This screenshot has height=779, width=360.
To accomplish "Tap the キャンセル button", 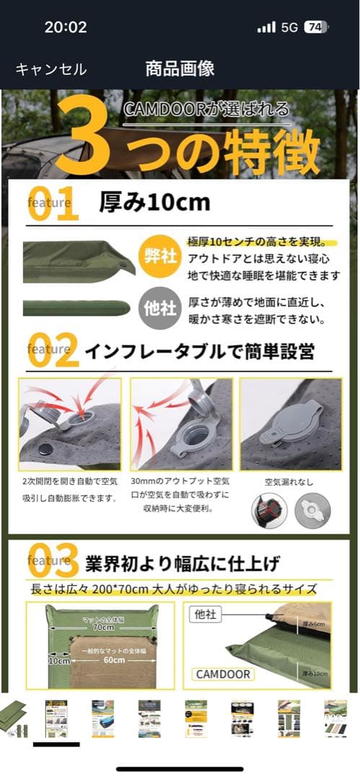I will point(51,69).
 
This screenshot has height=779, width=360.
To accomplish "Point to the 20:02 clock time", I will point(66,27).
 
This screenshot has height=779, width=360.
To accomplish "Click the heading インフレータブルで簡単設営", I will point(199,351).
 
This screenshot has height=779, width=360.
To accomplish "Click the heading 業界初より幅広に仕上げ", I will point(182,563).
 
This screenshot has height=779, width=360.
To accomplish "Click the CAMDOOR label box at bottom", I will point(224,674).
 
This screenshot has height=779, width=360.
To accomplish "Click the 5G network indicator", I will point(289,27).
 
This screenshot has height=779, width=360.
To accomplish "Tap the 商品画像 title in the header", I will point(180,69).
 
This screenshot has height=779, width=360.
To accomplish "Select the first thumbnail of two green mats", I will point(14,718).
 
